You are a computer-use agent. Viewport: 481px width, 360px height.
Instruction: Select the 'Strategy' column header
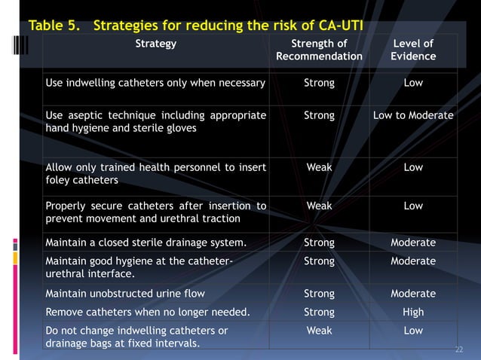pyautogui.click(x=155, y=44)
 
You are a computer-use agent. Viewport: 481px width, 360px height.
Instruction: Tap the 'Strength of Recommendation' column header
pyautogui.click(x=319, y=50)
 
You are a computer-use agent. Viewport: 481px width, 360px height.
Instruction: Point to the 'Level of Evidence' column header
pyautogui.click(x=413, y=50)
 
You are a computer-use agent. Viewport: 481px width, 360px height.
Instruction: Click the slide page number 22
pyautogui.click(x=459, y=350)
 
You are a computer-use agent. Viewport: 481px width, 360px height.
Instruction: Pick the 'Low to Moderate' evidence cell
pyautogui.click(x=413, y=116)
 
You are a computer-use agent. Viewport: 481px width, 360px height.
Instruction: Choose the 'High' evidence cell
pyautogui.click(x=413, y=312)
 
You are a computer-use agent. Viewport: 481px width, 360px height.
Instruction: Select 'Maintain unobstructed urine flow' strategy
pyautogui.click(x=125, y=294)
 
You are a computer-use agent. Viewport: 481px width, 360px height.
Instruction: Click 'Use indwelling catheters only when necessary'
pyautogui.click(x=155, y=83)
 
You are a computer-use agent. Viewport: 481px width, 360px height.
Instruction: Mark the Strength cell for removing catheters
pyautogui.click(x=319, y=312)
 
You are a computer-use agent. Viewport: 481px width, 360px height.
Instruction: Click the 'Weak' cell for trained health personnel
pyautogui.click(x=319, y=167)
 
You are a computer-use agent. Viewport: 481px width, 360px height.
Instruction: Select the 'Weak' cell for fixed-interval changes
pyautogui.click(x=319, y=331)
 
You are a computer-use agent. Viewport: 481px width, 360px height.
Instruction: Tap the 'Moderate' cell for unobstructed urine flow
pyautogui.click(x=413, y=294)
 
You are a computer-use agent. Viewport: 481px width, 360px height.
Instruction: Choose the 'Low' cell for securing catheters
pyautogui.click(x=413, y=206)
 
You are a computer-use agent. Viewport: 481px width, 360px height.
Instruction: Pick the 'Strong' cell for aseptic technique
pyautogui.click(x=319, y=116)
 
